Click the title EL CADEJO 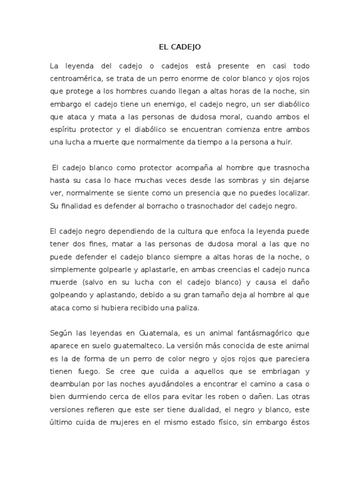180,47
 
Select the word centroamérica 73,79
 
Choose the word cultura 176,231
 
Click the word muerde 62,282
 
